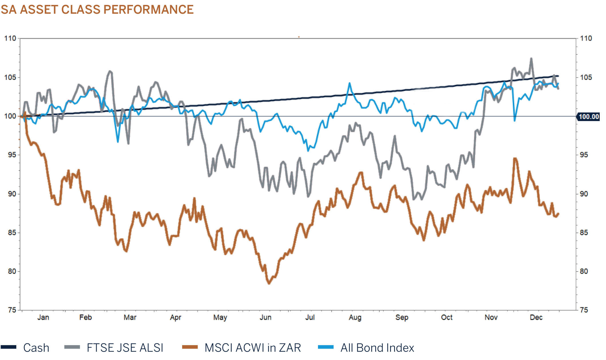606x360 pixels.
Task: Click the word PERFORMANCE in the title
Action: pos(148,10)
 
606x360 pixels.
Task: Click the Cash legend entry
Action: pos(36,348)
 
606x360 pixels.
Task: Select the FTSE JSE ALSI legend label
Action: pos(125,348)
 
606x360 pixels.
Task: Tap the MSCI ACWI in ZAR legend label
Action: pos(253,348)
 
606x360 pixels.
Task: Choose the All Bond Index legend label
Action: pos(377,348)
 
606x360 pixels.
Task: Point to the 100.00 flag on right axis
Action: pos(589,117)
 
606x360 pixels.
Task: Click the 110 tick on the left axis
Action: pos(10,38)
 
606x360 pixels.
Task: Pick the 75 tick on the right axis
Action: pos(584,310)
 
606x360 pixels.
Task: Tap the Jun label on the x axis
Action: pos(265,317)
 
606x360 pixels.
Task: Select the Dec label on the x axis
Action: pos(536,317)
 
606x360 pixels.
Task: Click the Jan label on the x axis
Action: pos(43,317)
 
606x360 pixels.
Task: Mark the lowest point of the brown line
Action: pos(269,283)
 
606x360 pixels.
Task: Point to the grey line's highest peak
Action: pos(531,59)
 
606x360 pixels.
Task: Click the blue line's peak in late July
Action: pos(349,83)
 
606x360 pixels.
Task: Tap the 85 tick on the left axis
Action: pos(12,232)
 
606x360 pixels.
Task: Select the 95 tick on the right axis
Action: pos(584,155)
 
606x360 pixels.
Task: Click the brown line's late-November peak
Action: pos(515,158)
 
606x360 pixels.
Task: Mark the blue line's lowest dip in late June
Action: pos(308,150)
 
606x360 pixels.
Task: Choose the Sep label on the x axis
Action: pos(402,317)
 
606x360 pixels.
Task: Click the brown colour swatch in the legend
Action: pos(190,347)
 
